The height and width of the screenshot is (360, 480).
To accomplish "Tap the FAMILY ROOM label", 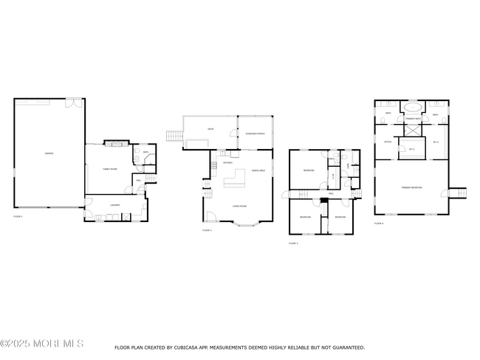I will (x=110, y=169).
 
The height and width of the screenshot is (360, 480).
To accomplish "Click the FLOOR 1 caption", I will (x=18, y=217).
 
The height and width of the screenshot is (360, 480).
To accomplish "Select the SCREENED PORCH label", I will (x=255, y=122).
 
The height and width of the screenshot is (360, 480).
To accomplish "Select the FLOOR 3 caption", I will (x=292, y=243).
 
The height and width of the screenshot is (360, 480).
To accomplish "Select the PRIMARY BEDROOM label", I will (x=411, y=187).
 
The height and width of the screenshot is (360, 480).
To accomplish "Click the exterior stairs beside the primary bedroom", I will (x=458, y=193).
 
